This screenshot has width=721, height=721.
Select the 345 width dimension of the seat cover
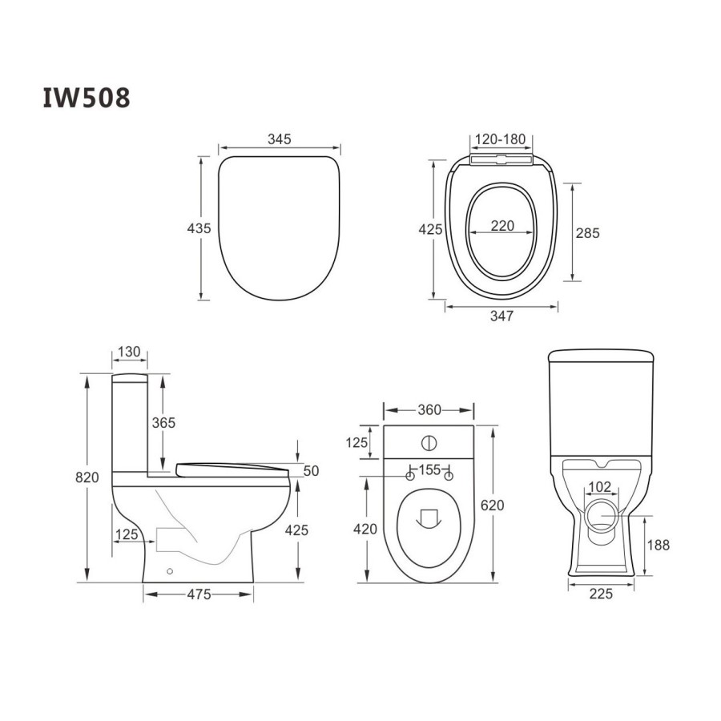point(279,139)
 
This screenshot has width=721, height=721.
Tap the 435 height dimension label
point(199,228)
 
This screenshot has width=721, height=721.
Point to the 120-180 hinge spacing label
point(501,139)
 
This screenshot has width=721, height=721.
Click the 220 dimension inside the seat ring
point(502,226)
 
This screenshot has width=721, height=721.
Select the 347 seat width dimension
point(501,316)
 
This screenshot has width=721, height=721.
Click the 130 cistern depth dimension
point(129,351)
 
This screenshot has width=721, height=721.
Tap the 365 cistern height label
point(163,422)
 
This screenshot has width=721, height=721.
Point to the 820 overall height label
point(87,477)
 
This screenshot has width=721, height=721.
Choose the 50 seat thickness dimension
point(311,470)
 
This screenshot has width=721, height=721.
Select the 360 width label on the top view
point(429,410)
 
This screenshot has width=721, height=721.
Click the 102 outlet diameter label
point(599,485)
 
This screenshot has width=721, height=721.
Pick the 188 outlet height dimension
point(658,545)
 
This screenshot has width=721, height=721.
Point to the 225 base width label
point(601,594)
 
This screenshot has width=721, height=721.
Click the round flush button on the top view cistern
point(429,441)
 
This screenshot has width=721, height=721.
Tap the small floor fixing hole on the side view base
point(169,571)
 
